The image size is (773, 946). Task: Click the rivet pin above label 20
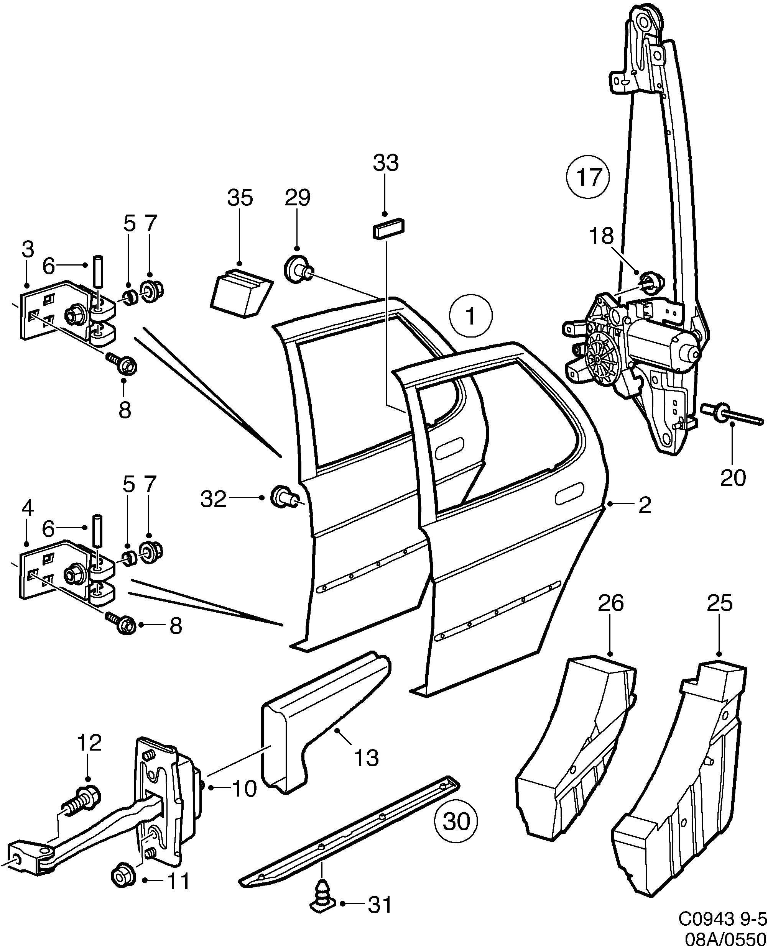(x=730, y=414)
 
